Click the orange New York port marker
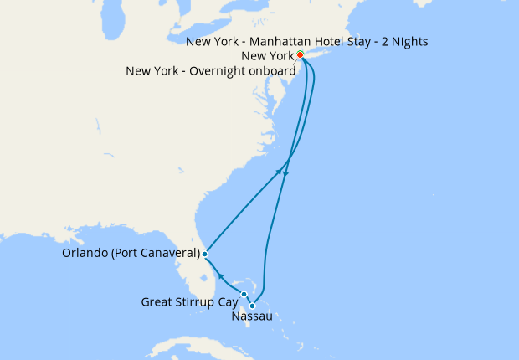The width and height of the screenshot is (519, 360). pos(300,55)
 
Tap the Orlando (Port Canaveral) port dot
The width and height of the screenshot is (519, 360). pos(205,253)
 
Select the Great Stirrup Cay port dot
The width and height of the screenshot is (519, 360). pos(244,294)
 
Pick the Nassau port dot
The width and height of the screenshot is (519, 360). pos(252,306)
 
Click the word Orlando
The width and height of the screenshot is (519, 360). pos(85,253)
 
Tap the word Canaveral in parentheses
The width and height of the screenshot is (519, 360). pos(167,253)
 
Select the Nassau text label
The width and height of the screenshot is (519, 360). pos(251,317)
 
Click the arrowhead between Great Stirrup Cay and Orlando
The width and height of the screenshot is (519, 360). pos(220,275)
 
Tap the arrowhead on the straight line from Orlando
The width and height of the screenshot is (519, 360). pos(279,172)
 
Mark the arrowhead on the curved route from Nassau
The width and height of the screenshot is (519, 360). pos(286,173)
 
